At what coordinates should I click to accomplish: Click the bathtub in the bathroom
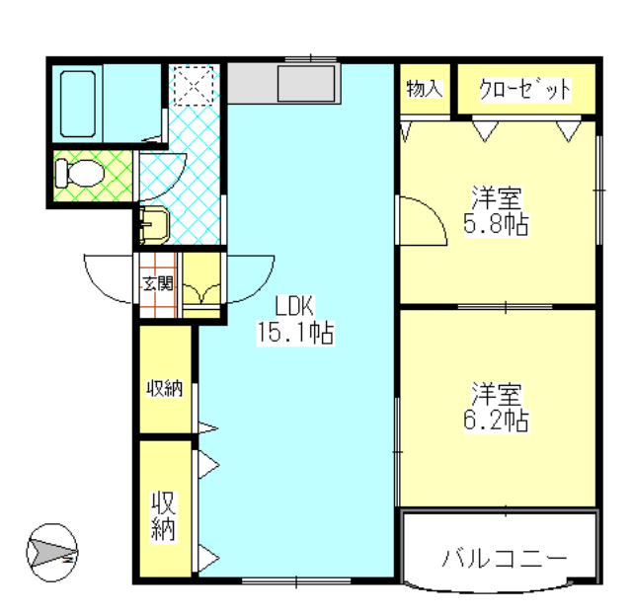(78, 103)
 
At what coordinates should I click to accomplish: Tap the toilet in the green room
(79, 175)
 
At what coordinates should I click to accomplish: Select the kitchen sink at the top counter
(307, 83)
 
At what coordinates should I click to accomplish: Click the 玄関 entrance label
(156, 284)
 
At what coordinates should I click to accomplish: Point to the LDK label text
(294, 304)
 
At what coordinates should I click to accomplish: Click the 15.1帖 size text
(294, 333)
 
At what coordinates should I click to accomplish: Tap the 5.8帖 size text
(496, 225)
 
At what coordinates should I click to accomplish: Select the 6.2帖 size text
(498, 421)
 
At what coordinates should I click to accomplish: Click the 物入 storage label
(424, 89)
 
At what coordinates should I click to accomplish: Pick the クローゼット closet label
(525, 90)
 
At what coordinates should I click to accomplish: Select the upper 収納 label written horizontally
(165, 388)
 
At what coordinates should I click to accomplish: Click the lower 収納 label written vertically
(163, 514)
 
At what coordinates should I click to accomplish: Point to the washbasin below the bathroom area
(154, 226)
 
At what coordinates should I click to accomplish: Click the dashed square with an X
(194, 85)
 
